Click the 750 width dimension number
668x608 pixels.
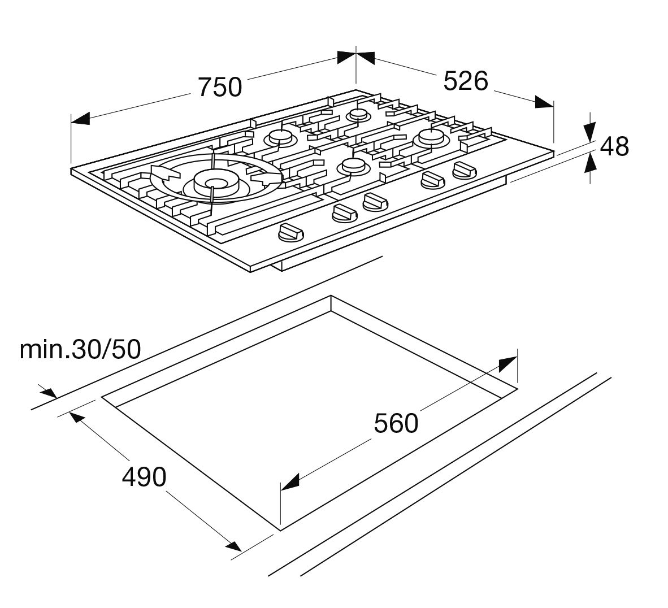click(x=220, y=86)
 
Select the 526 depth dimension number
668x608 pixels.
click(x=465, y=81)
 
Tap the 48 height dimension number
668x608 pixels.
click(x=614, y=147)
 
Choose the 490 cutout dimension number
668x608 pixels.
click(x=145, y=477)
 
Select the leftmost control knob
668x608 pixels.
click(x=289, y=232)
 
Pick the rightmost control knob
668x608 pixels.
click(x=465, y=170)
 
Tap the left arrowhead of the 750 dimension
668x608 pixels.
click(x=80, y=119)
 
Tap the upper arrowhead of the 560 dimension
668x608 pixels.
click(x=508, y=364)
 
